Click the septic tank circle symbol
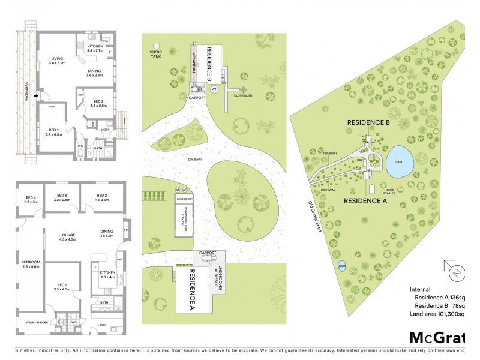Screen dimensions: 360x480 tap(157, 46)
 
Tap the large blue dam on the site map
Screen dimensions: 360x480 tap(399, 160)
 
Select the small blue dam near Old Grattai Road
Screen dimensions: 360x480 tap(342, 266)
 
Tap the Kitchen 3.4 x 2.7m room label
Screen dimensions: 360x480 tap(95, 49)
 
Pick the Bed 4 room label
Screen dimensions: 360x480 tap(31, 200)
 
